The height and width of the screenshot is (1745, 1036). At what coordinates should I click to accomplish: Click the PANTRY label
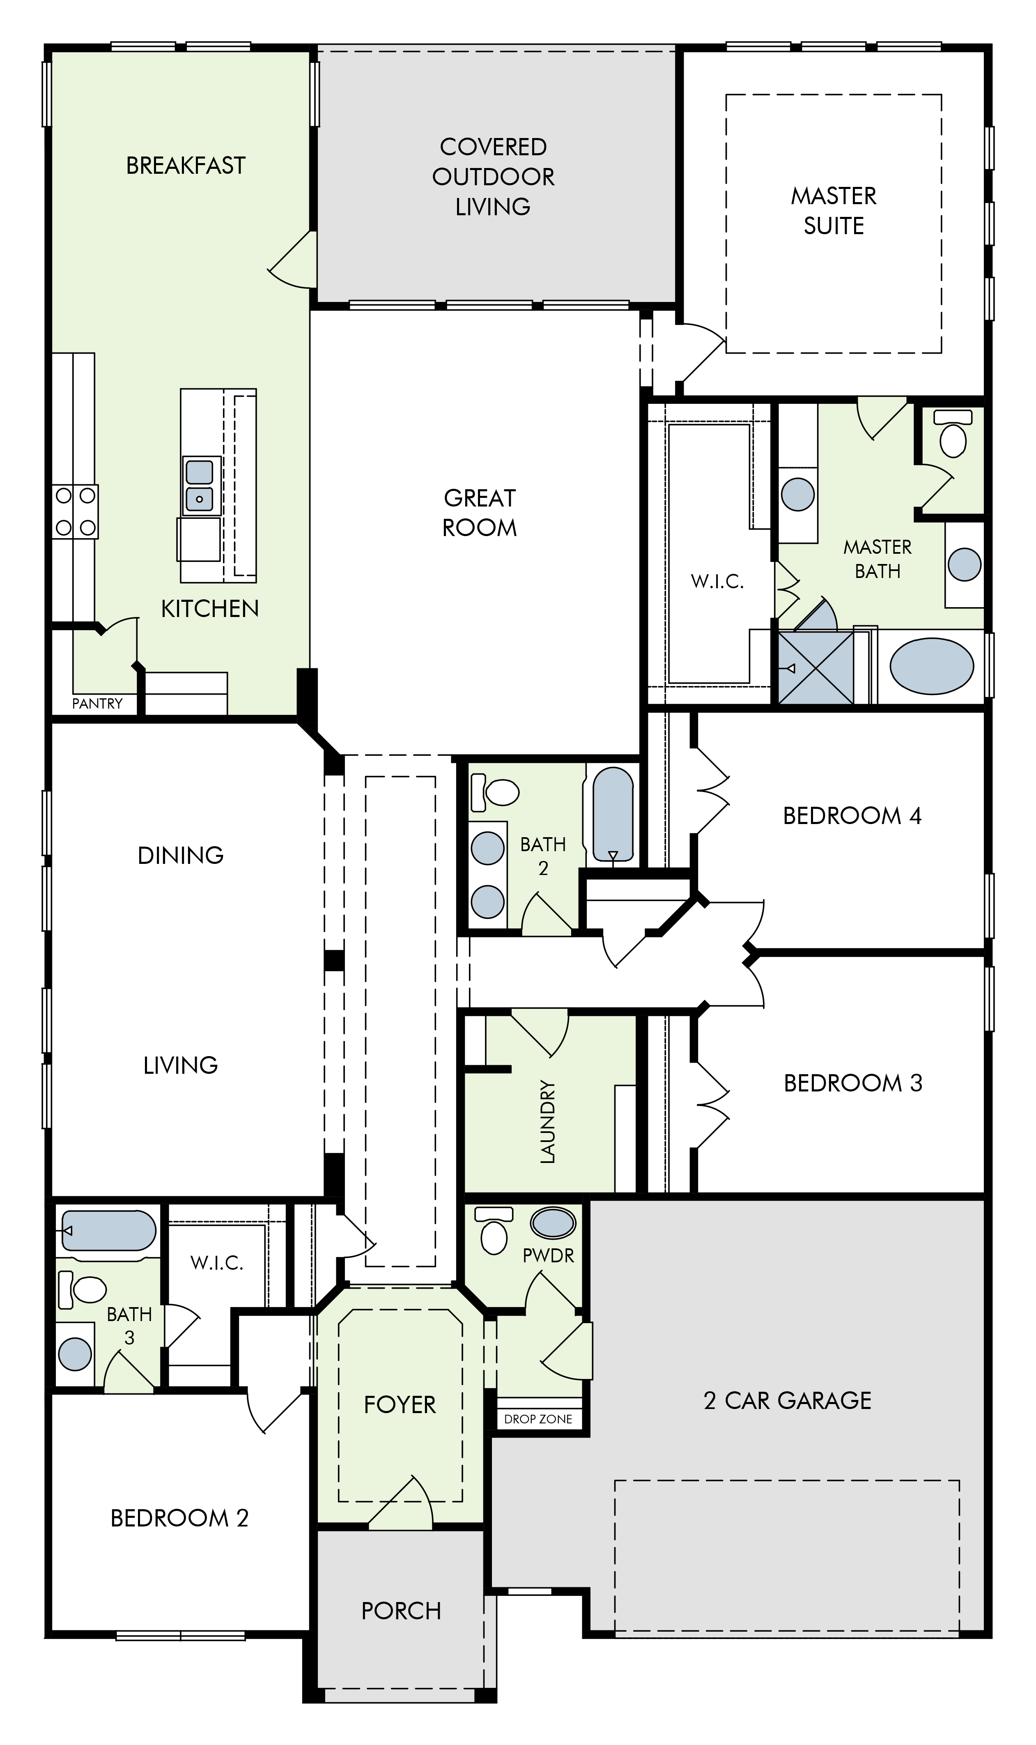point(97,704)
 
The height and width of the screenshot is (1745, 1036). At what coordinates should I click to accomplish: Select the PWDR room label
point(548,1255)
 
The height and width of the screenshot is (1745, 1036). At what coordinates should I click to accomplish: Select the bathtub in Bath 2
point(613,814)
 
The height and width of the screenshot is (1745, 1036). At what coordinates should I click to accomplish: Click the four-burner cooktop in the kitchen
point(76,512)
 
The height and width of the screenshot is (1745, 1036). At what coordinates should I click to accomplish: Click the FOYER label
point(400,1404)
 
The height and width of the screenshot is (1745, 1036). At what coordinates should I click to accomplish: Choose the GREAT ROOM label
point(480,513)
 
